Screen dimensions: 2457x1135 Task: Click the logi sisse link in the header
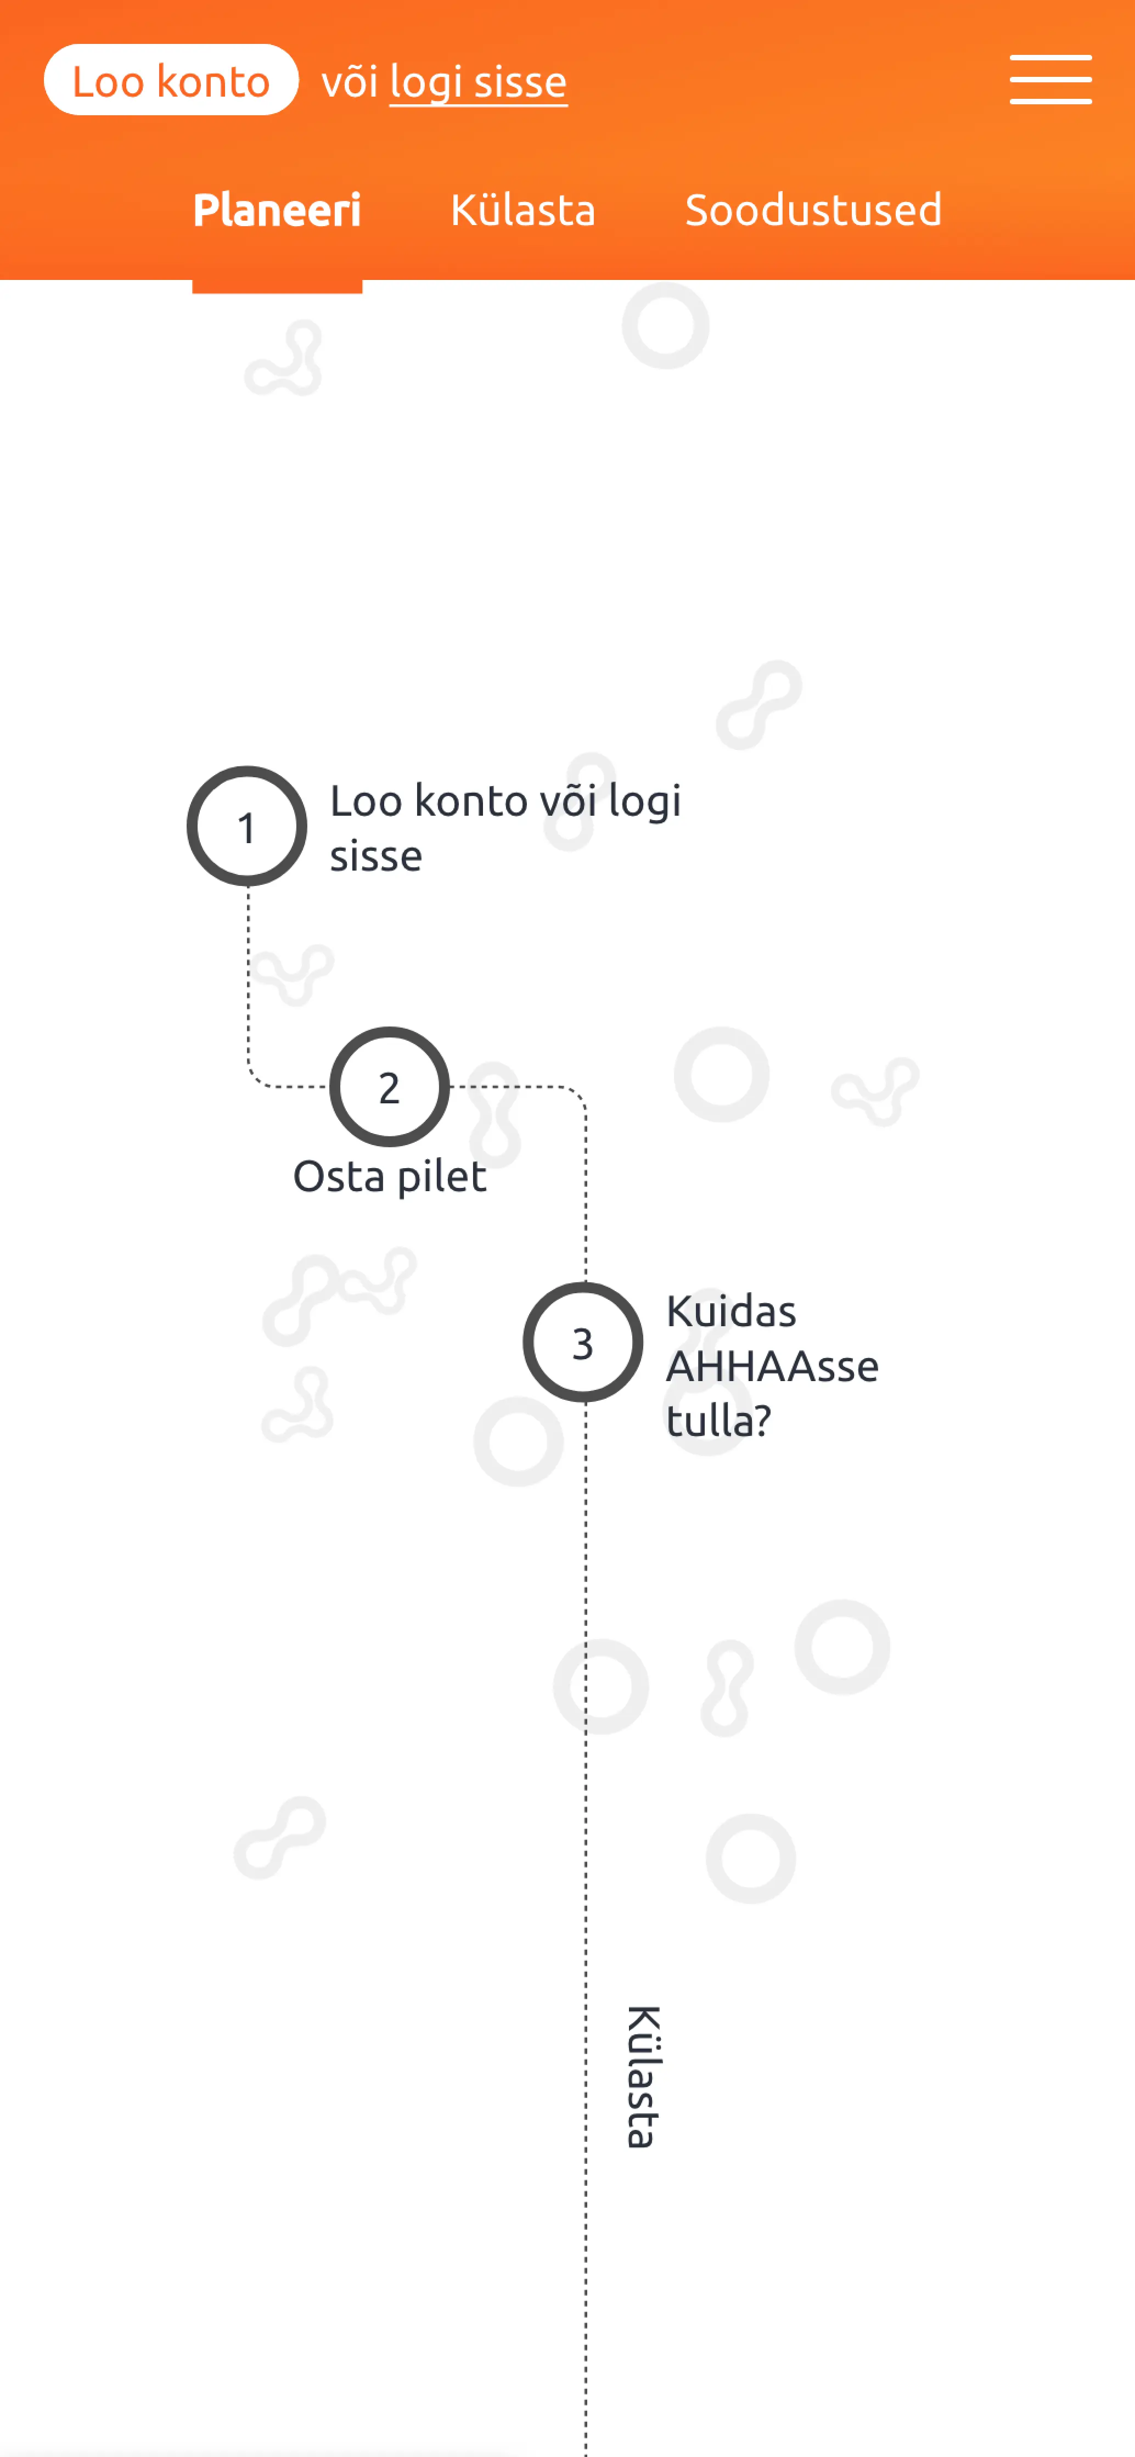tap(478, 82)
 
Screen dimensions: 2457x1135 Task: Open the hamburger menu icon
tap(1050, 79)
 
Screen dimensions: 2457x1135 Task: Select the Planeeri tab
tap(277, 210)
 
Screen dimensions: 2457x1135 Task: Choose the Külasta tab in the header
tap(522, 210)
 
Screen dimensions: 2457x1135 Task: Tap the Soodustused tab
tap(813, 210)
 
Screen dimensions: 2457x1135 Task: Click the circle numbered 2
tap(389, 1086)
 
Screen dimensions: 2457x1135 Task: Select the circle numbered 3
tap(583, 1342)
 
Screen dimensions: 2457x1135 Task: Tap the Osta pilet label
tap(389, 1176)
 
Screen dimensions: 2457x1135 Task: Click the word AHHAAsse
tap(772, 1366)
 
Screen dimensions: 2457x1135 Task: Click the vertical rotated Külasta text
tap(642, 2077)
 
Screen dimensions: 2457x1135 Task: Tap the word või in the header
tap(349, 82)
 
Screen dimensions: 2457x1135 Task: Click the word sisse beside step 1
tap(376, 856)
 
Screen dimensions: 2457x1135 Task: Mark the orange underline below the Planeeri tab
tap(277, 286)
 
